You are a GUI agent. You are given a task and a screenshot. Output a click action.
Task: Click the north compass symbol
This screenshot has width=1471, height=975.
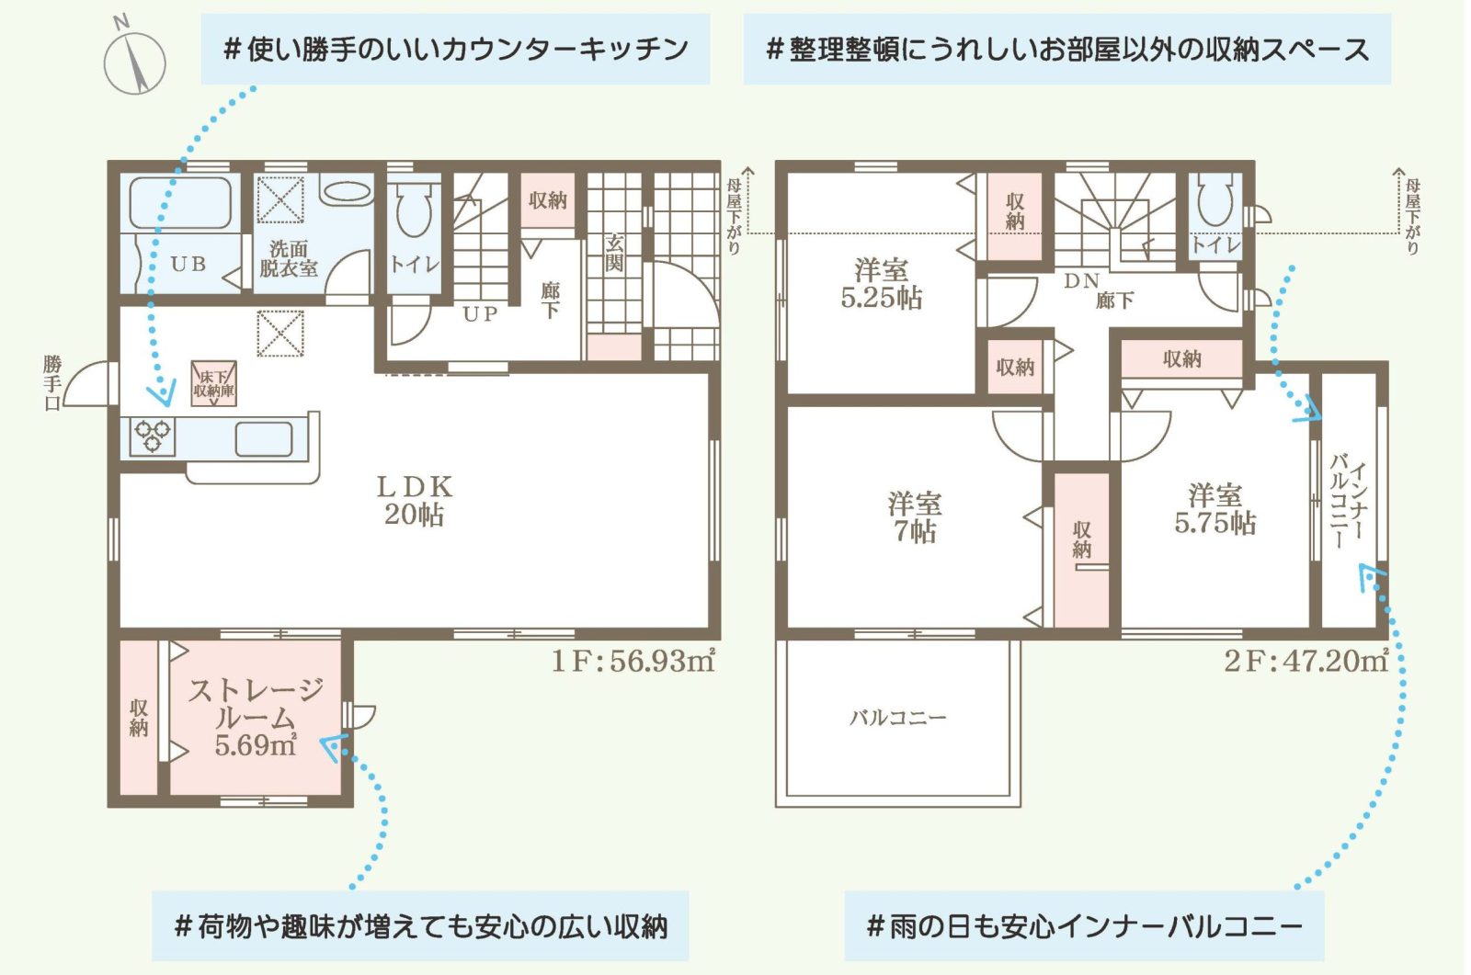click(x=134, y=58)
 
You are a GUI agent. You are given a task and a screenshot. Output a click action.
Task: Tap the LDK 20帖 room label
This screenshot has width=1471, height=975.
click(x=415, y=501)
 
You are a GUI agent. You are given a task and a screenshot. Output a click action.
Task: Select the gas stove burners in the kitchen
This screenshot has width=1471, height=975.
click(x=153, y=436)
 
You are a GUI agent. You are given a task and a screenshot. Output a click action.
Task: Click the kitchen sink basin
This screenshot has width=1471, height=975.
click(x=264, y=438)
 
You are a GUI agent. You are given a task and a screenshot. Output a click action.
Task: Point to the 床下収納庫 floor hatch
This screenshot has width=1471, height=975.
click(x=214, y=384)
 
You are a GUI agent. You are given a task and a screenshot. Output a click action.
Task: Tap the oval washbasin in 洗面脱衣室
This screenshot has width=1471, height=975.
click(x=347, y=192)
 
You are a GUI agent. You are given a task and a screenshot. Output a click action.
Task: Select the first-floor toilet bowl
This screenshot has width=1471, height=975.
click(x=414, y=210)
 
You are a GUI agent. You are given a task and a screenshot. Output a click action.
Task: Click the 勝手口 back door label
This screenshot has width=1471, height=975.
click(x=52, y=383)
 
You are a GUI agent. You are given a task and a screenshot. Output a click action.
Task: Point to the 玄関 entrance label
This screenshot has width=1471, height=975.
click(x=614, y=253)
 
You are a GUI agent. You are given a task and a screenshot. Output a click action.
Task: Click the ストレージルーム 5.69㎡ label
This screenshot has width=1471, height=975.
click(x=256, y=719)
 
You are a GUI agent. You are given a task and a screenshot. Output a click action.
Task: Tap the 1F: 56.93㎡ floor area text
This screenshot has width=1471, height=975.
click(x=633, y=661)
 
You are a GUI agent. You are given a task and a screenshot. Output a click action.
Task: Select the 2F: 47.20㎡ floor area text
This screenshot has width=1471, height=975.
click(x=1306, y=661)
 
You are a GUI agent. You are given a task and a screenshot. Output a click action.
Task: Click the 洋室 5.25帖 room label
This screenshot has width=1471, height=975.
click(x=882, y=284)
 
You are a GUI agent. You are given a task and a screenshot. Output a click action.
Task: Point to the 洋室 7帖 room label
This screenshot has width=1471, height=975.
click(x=915, y=517)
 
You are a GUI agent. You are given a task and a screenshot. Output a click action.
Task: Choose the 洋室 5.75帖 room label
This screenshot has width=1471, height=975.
click(x=1214, y=509)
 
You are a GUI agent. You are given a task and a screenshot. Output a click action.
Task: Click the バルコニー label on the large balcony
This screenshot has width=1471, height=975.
click(x=897, y=718)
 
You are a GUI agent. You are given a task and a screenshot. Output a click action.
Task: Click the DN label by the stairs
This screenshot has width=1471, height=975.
click(x=1081, y=281)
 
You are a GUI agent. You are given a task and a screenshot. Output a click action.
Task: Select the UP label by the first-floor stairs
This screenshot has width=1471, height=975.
click(x=480, y=314)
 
